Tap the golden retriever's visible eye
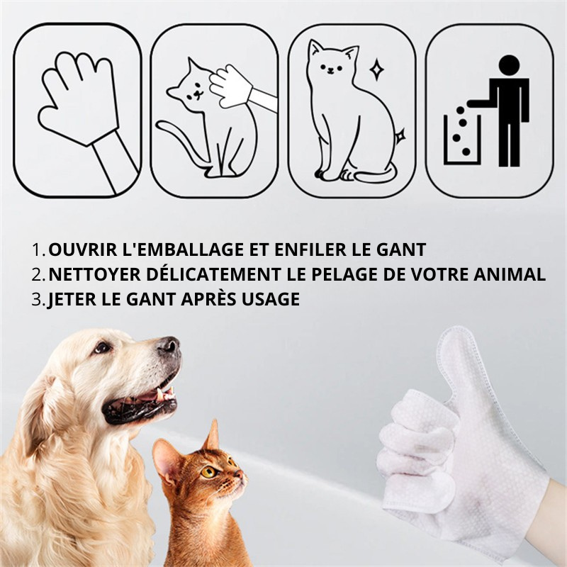click(102, 347)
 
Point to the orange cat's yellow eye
click(208, 471)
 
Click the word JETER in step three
click(72, 299)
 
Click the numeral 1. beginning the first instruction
click(38, 250)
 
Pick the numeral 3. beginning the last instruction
click(38, 299)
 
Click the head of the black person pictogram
click(509, 65)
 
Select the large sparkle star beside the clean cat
click(377, 69)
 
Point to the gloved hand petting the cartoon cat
click(232, 86)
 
